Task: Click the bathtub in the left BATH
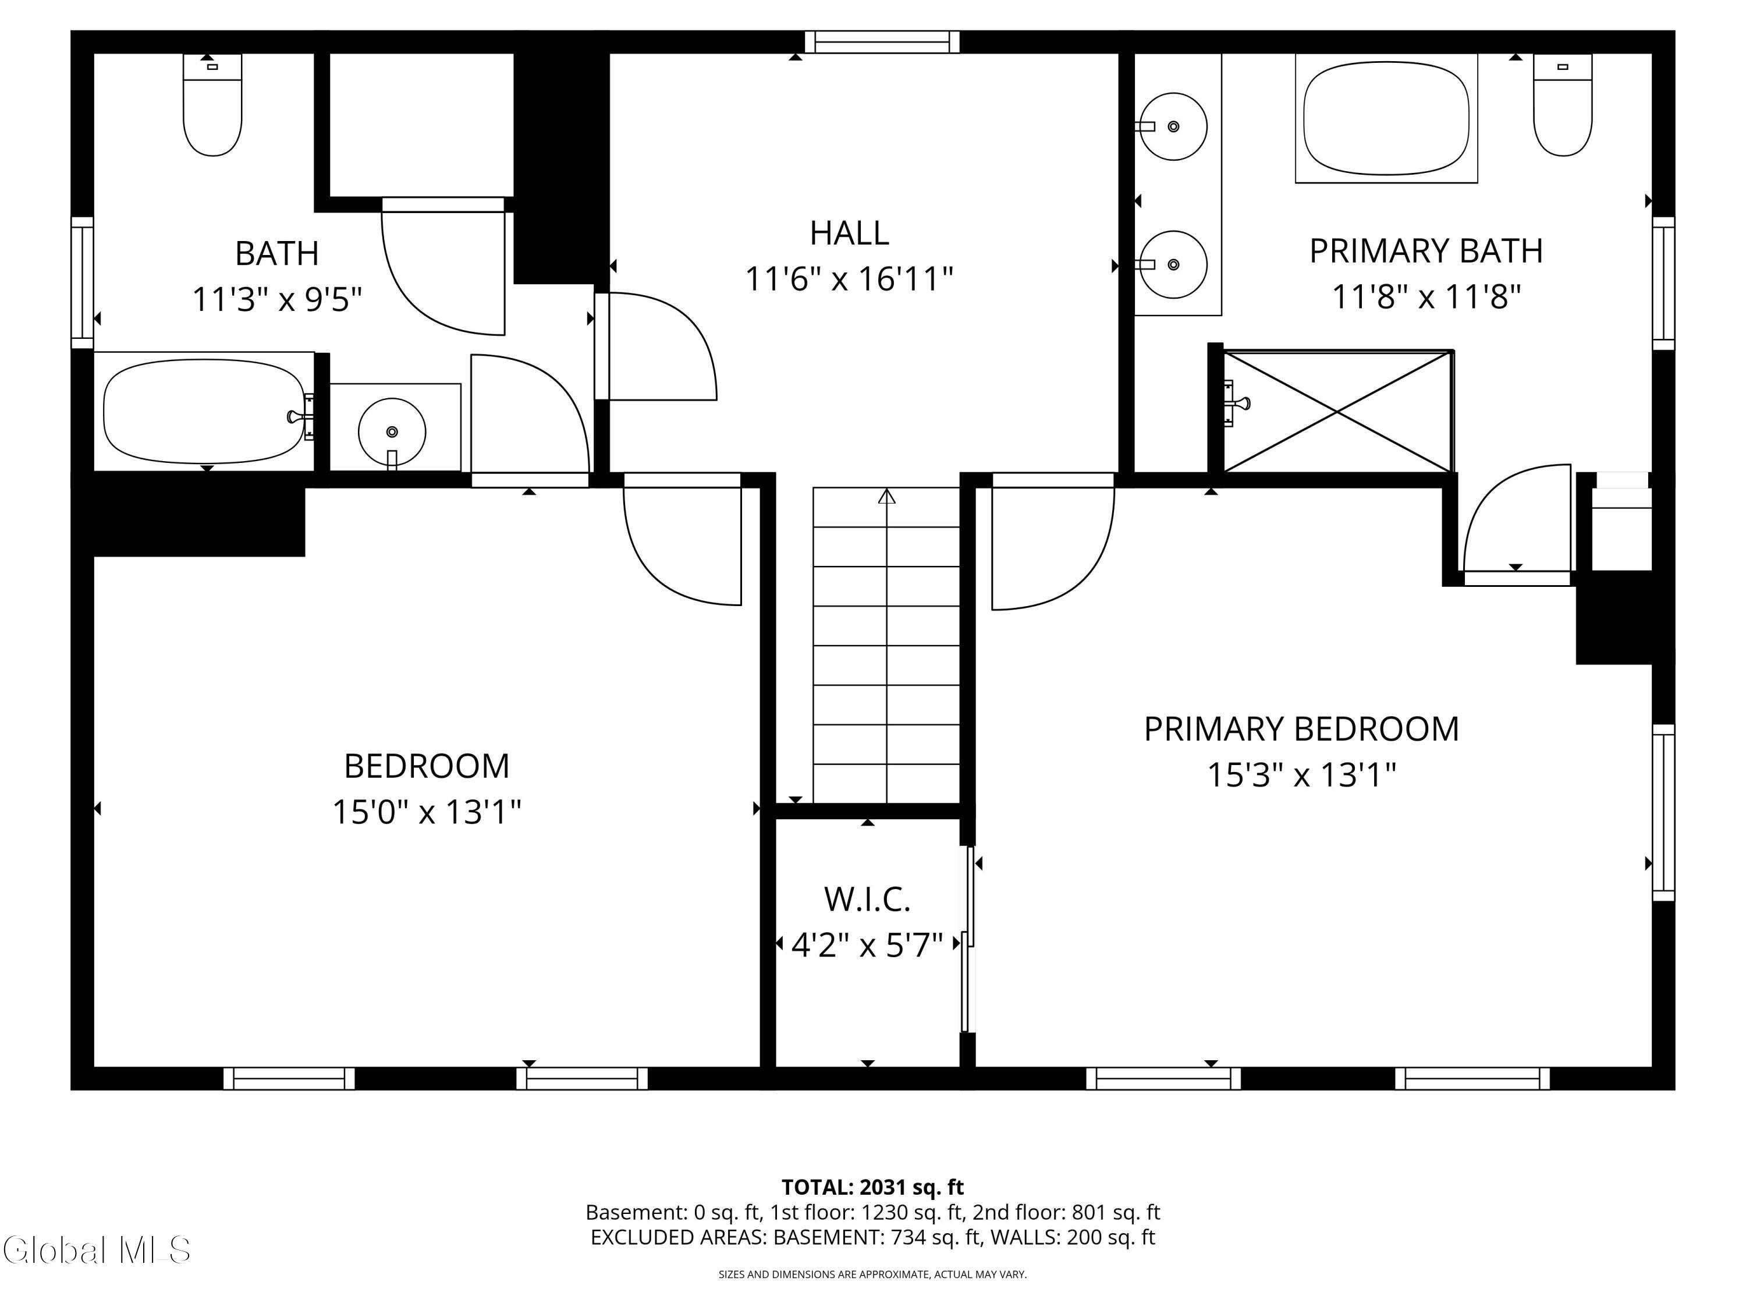(x=204, y=412)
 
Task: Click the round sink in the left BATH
(x=392, y=432)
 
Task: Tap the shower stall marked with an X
(x=1336, y=412)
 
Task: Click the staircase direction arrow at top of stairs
(x=886, y=497)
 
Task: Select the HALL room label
(x=849, y=233)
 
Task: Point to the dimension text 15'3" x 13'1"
(x=1301, y=774)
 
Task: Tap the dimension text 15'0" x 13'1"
(x=426, y=812)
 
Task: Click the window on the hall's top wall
(x=882, y=42)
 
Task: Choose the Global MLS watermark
(x=96, y=1250)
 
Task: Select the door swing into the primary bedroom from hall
(x=1050, y=545)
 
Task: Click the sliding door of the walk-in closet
(x=968, y=940)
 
